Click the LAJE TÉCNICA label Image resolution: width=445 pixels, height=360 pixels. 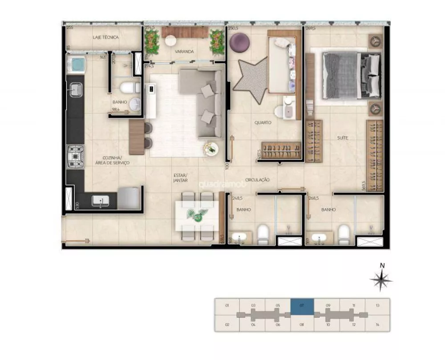(105, 37)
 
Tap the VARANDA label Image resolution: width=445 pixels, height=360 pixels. (184, 52)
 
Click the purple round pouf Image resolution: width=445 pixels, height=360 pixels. (239, 42)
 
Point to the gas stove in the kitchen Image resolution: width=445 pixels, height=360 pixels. (75, 157)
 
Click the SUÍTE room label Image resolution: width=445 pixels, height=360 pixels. (342, 138)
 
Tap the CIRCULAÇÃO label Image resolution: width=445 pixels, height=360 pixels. (257, 180)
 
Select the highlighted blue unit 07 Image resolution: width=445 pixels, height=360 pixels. (302, 306)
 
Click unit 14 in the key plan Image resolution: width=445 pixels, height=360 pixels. (377, 324)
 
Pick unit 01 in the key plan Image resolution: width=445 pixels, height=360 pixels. (227, 306)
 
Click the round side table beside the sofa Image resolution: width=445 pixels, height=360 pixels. (210, 149)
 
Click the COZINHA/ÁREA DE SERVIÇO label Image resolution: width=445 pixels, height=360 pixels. (113, 160)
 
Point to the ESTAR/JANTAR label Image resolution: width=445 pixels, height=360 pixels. (181, 178)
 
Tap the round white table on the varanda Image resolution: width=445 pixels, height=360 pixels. (171, 40)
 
